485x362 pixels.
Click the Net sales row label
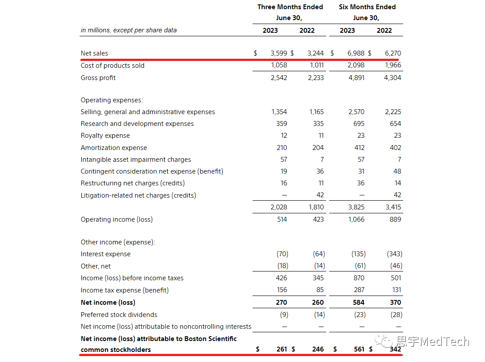(x=94, y=53)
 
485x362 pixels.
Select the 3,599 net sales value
(x=279, y=53)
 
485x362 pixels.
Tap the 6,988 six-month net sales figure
(x=355, y=53)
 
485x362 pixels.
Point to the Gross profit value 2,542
(x=279, y=78)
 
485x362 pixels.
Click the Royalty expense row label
(x=105, y=136)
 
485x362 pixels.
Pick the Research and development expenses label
(x=137, y=124)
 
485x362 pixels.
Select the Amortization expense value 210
(x=281, y=148)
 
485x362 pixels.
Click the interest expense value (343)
(x=394, y=254)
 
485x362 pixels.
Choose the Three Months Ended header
(x=290, y=7)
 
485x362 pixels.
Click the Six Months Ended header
(x=367, y=7)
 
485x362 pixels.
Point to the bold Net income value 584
(x=358, y=303)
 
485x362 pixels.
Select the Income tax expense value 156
(x=281, y=290)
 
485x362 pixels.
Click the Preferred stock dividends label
(x=119, y=315)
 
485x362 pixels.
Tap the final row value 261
(x=281, y=349)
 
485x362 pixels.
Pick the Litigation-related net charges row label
(x=138, y=195)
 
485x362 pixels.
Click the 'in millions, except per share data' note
(x=129, y=30)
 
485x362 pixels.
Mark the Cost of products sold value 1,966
(x=393, y=66)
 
